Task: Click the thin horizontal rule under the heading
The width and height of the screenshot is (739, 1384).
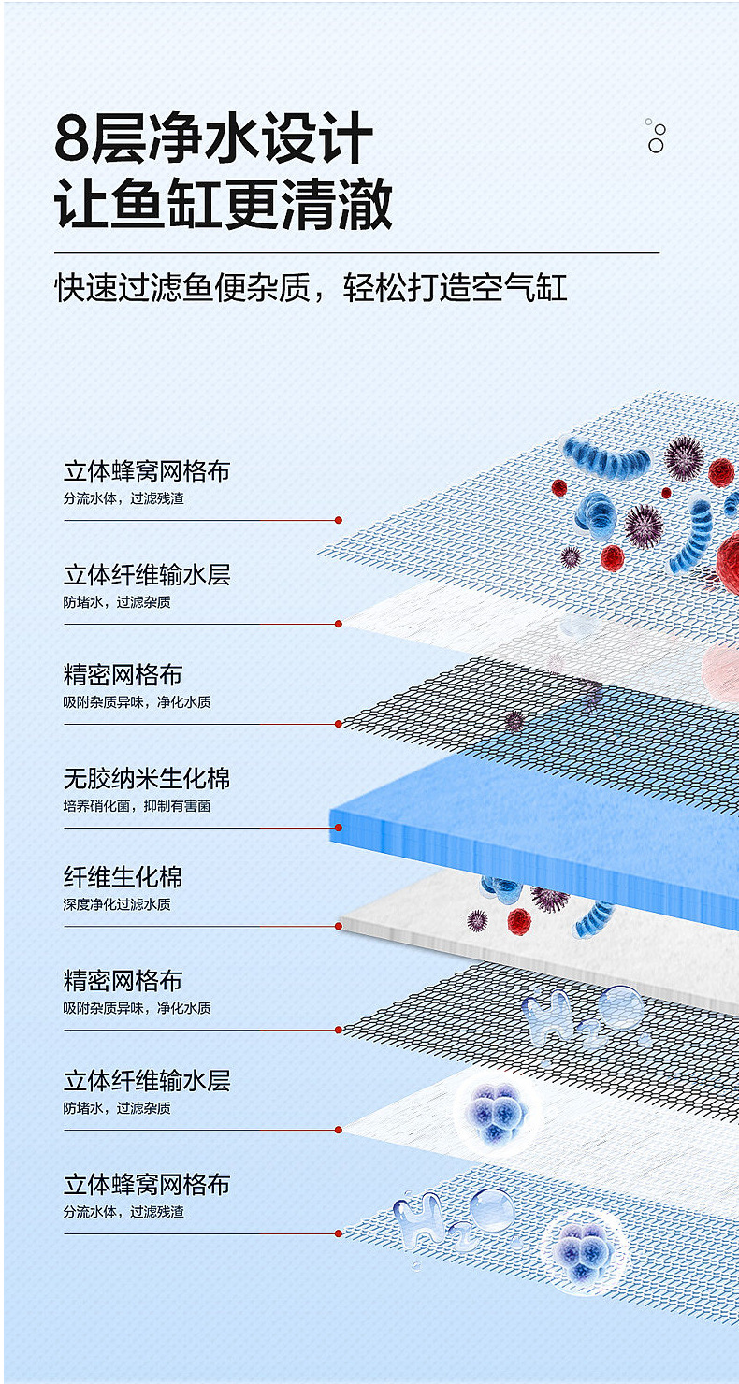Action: pyautogui.click(x=355, y=252)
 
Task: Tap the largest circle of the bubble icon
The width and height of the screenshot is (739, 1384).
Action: pyautogui.click(x=656, y=146)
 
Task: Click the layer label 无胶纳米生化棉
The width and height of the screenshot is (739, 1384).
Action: pyautogui.click(x=147, y=778)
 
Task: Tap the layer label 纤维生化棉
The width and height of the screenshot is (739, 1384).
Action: pyautogui.click(x=123, y=877)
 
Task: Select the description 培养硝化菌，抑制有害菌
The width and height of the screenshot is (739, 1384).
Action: pyautogui.click(x=137, y=805)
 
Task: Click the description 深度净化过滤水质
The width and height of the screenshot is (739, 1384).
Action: pyautogui.click(x=117, y=904)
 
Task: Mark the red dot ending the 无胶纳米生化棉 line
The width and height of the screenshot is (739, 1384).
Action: pyautogui.click(x=339, y=827)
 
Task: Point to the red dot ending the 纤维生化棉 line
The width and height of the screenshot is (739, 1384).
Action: pyautogui.click(x=339, y=926)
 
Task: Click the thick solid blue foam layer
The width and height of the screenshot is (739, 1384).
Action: pyautogui.click(x=533, y=832)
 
